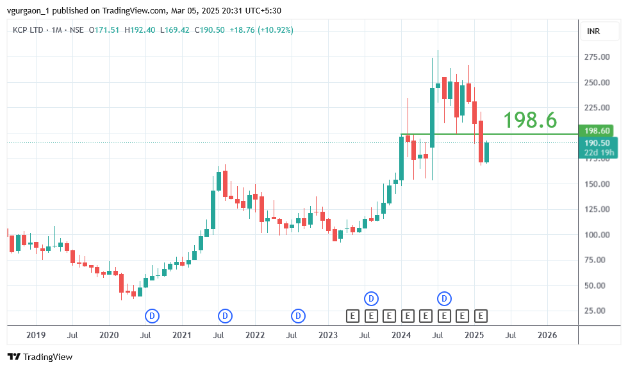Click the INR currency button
click(x=593, y=31)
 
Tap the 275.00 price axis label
click(x=596, y=57)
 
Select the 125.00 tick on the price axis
click(x=596, y=209)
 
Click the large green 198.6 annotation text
click(x=529, y=120)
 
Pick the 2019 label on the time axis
click(x=36, y=335)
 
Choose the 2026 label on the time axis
click(x=547, y=335)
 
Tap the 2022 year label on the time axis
click(x=255, y=335)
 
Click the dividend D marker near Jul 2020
click(x=153, y=316)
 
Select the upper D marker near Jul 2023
click(x=371, y=298)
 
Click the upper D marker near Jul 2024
click(x=444, y=298)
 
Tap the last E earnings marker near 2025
click(x=481, y=316)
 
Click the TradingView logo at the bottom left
click(x=40, y=357)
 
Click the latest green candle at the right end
click(x=486, y=152)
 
